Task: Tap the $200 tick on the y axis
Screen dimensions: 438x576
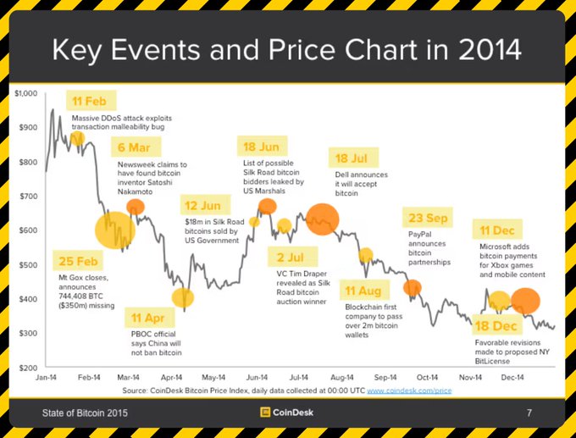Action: (x=29, y=368)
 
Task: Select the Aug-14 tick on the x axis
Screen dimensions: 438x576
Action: (x=342, y=377)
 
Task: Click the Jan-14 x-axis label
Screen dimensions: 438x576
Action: (x=46, y=377)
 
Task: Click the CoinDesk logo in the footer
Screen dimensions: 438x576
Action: (x=287, y=413)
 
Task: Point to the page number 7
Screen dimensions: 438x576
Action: (x=529, y=413)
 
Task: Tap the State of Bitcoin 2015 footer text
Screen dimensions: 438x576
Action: (x=87, y=413)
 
